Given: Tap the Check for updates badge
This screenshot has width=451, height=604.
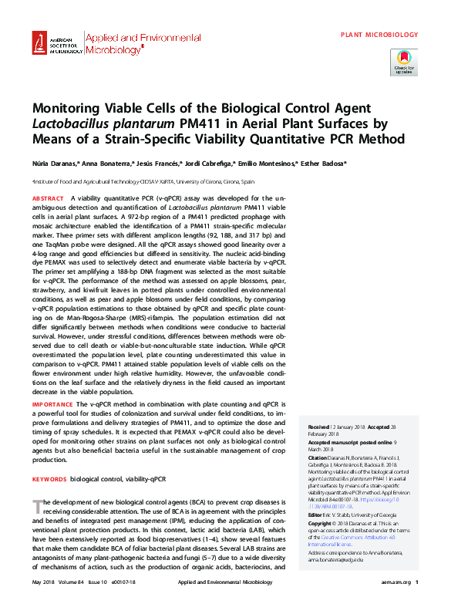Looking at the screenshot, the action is [x=403, y=62].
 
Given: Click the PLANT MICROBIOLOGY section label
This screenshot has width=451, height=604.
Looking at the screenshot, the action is [x=380, y=35].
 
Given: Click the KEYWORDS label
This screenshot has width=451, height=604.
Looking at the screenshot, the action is [x=48, y=479].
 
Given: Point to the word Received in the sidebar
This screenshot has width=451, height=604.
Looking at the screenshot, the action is [x=319, y=427].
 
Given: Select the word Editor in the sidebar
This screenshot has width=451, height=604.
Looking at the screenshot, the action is [x=316, y=513].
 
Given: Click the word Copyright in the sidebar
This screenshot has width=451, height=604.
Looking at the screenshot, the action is [x=323, y=523].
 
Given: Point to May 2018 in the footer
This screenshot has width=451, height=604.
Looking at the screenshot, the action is [x=44, y=582].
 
